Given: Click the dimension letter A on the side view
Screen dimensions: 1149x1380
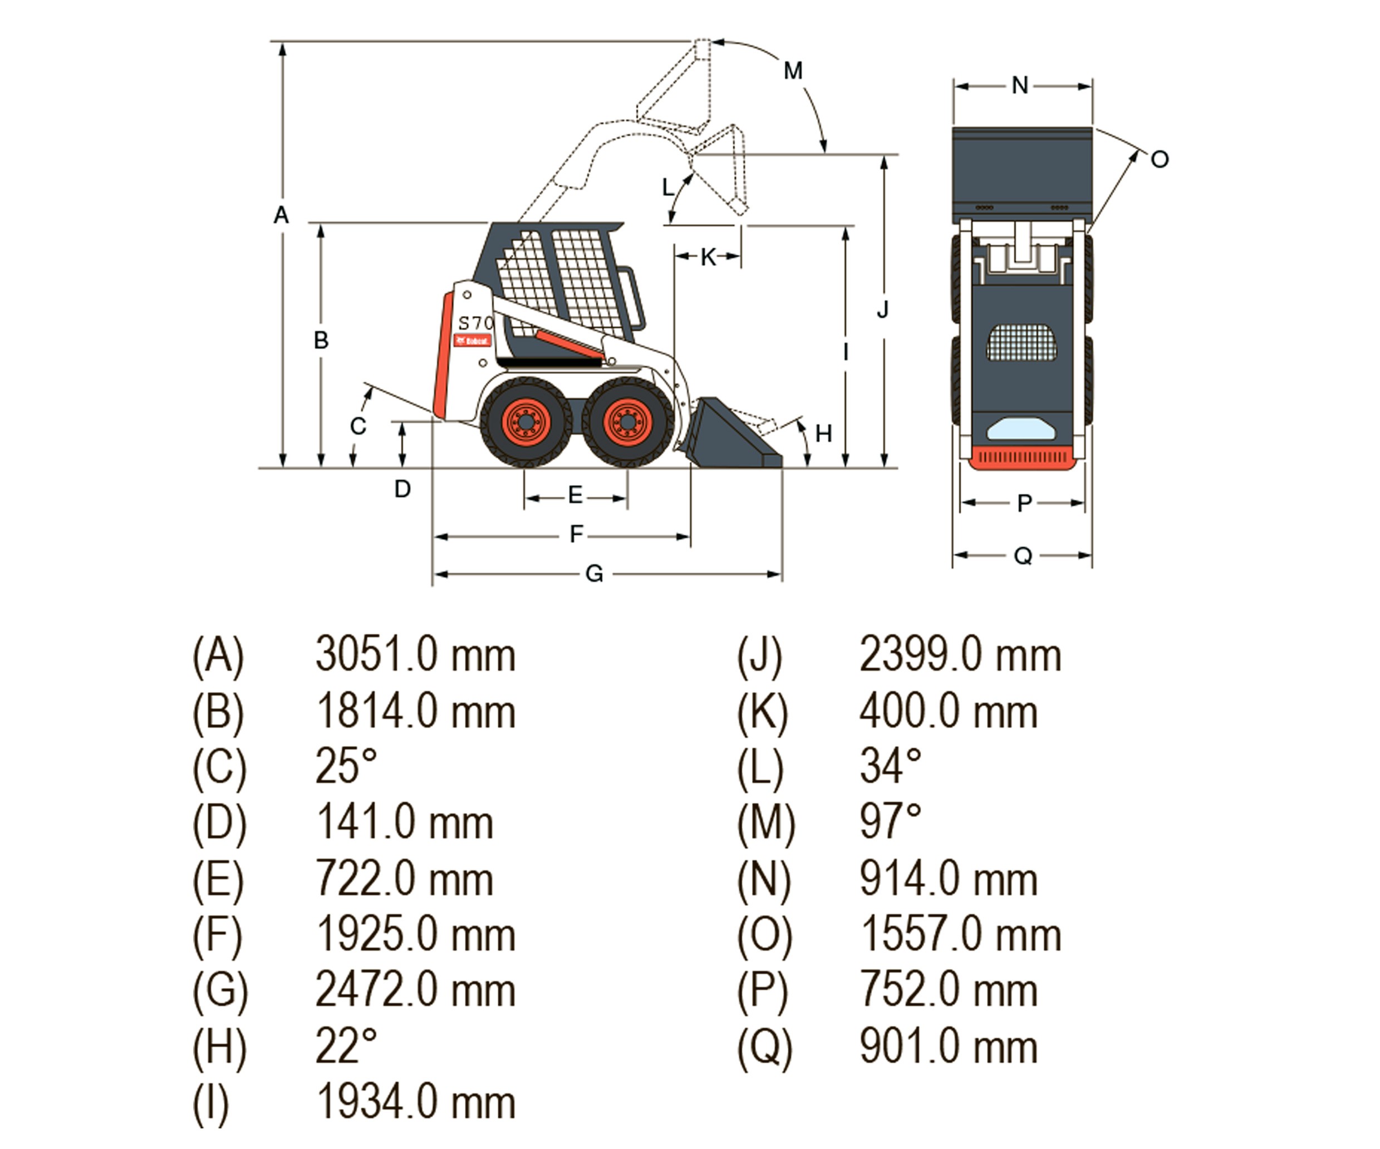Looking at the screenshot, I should (281, 215).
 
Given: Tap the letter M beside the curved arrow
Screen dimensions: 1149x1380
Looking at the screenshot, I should (793, 70).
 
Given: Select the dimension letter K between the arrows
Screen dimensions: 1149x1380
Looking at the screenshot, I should (708, 257).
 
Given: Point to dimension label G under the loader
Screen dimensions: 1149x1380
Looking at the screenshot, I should (594, 574).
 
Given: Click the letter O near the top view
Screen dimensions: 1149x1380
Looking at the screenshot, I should (1159, 160).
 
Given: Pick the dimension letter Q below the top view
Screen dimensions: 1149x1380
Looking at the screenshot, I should (1023, 556).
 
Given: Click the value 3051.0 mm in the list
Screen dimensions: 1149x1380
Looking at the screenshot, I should (415, 655).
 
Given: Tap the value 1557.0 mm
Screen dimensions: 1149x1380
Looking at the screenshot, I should (960, 934).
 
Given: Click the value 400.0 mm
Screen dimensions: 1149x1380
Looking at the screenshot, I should (948, 712).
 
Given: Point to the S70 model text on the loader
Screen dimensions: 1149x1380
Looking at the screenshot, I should (475, 323).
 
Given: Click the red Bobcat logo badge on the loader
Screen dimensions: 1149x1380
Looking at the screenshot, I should (473, 341).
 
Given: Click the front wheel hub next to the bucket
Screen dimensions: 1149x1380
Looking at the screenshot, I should (628, 421).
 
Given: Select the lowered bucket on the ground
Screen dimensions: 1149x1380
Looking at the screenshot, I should (729, 437).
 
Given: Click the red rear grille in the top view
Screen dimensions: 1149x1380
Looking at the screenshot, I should (1022, 458).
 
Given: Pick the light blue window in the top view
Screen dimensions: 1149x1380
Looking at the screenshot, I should (1021, 430).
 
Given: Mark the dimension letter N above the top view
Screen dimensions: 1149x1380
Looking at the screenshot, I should (1020, 85).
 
